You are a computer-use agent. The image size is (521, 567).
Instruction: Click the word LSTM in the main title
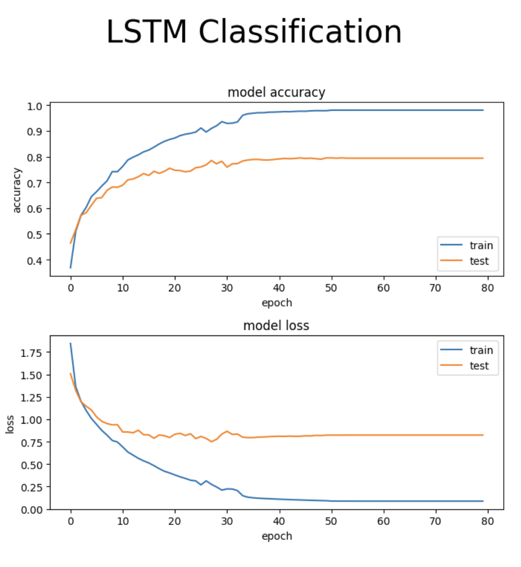(147, 33)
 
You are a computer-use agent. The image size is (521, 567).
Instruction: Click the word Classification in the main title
(300, 33)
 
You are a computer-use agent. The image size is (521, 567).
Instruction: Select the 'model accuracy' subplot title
(276, 93)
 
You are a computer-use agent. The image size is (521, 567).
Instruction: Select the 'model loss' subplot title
(276, 325)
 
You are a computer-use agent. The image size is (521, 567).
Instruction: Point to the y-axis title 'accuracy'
(17, 190)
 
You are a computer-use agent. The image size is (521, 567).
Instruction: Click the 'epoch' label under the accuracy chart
(276, 303)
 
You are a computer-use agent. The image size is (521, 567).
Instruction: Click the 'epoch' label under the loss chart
(276, 536)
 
